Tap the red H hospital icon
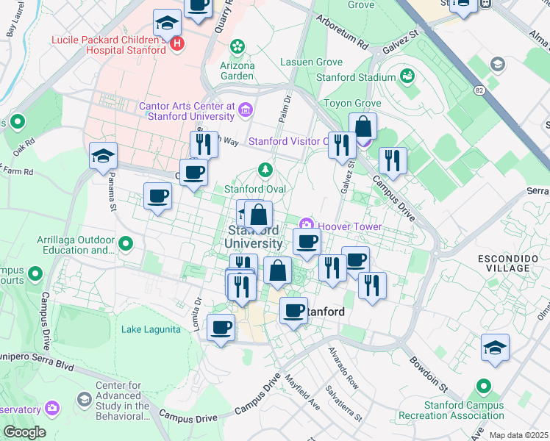coord(176,45)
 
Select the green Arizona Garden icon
coord(237,48)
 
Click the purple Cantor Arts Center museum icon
coord(246,110)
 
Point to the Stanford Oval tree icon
coord(265,171)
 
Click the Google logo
coord(24,432)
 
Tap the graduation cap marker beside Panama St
coord(104,156)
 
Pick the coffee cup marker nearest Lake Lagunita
coord(221,328)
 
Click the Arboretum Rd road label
coord(341,32)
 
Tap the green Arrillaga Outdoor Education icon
coord(126,243)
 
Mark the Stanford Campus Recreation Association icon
coord(483,385)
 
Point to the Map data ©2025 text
coord(518,435)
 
